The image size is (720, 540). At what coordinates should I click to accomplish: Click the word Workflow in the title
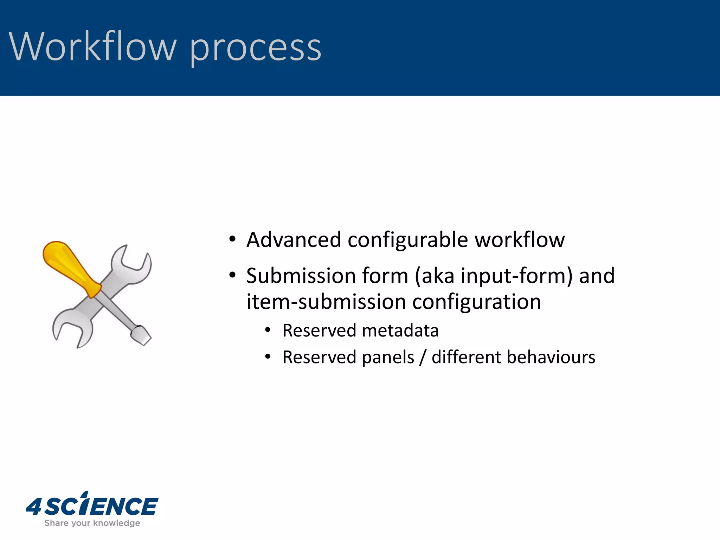tap(92, 47)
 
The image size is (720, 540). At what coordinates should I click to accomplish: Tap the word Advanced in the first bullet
tap(294, 240)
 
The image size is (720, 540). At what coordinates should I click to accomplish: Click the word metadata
tap(400, 331)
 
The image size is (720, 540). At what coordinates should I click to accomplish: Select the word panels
tap(388, 358)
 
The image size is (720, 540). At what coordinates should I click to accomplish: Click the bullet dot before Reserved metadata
tap(268, 330)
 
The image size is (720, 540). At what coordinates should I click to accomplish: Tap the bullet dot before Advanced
tap(232, 239)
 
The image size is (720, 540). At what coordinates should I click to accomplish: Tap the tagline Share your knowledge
tap(92, 523)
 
